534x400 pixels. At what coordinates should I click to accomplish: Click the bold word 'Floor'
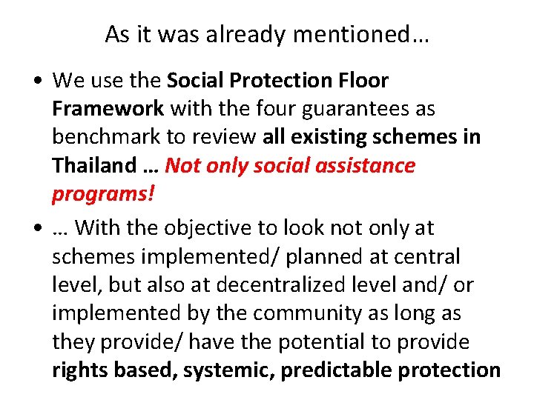tap(361, 79)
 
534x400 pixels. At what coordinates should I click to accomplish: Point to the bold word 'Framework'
tap(108, 108)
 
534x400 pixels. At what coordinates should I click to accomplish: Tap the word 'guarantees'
tap(351, 108)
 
